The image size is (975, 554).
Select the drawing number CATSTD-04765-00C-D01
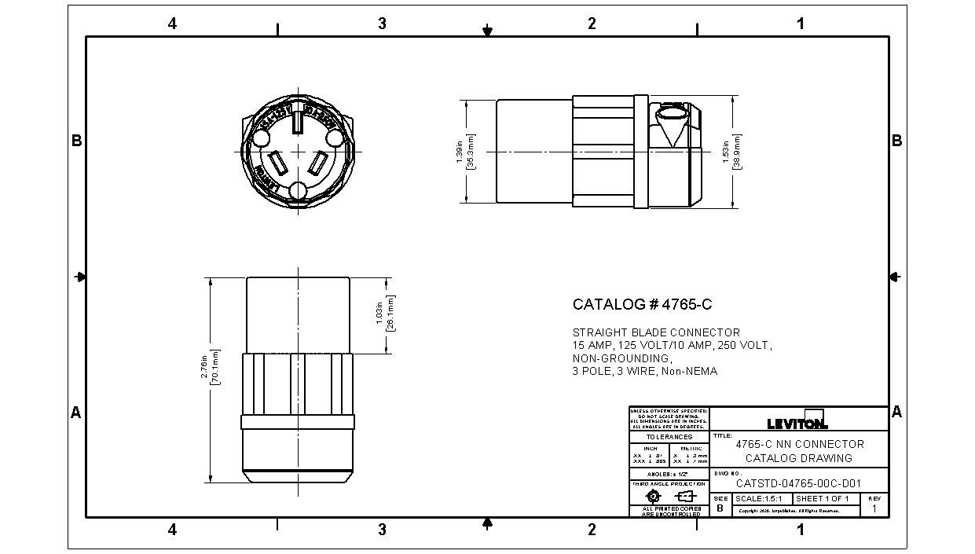tap(798, 484)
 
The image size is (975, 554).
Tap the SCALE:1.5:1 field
tap(762, 499)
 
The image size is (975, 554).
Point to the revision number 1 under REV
tap(874, 508)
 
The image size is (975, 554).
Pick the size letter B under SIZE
tap(720, 508)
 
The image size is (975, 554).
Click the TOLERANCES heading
tap(669, 437)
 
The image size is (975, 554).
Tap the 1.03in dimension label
tap(379, 314)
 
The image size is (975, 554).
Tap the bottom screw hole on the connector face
tap(299, 191)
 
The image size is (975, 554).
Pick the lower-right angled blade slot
tap(318, 164)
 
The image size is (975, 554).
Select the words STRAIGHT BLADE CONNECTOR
tap(656, 332)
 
